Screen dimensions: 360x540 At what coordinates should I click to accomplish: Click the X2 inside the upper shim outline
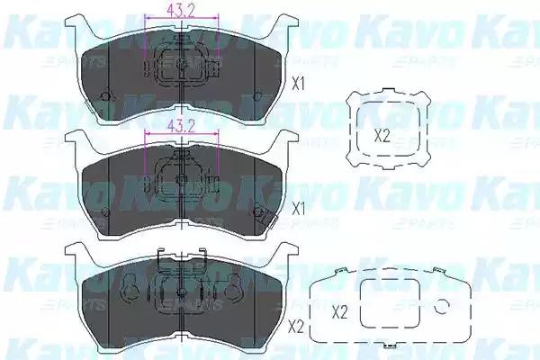click(x=382, y=136)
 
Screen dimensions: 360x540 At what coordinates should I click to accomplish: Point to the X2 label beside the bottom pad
click(x=294, y=328)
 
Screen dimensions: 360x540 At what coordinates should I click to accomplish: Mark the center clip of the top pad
click(x=183, y=66)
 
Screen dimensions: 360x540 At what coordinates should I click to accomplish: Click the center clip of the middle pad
click(x=183, y=179)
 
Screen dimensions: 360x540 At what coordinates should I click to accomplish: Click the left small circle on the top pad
click(x=106, y=97)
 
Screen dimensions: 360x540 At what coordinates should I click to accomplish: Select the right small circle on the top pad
click(x=260, y=97)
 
